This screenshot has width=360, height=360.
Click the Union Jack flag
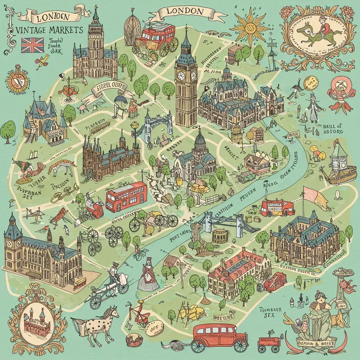click(31, 45)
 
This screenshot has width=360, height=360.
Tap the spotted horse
click(94, 320)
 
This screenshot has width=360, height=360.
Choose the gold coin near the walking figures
click(310, 81)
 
